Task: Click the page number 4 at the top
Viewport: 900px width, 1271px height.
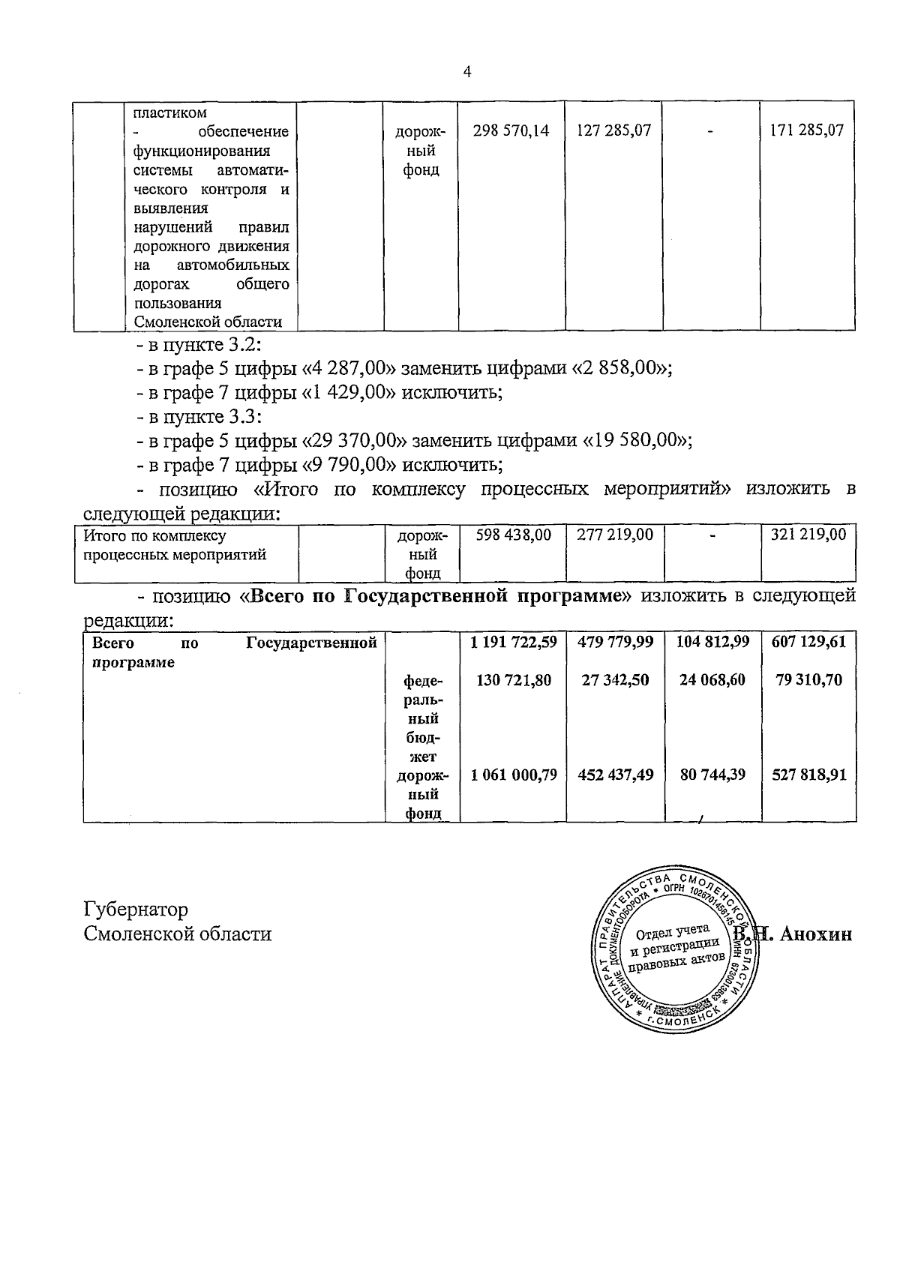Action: click(x=468, y=72)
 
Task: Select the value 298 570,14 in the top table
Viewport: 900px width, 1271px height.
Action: click(x=511, y=130)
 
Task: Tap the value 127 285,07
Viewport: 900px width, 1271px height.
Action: click(x=613, y=130)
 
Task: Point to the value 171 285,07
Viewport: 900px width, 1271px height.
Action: click(x=807, y=130)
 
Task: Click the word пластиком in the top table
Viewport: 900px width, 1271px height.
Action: click(x=169, y=113)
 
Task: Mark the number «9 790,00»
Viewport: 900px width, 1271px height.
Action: click(x=348, y=465)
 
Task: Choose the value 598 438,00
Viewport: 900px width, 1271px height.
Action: click(x=514, y=535)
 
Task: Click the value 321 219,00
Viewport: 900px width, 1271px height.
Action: click(x=808, y=535)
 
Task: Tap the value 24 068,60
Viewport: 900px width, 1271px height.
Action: click(x=712, y=680)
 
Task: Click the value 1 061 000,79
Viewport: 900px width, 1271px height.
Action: click(x=514, y=775)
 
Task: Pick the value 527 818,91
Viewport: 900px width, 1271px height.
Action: click(x=809, y=775)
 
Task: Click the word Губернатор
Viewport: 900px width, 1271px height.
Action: click(x=136, y=910)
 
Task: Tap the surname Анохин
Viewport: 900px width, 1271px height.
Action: click(x=816, y=934)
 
